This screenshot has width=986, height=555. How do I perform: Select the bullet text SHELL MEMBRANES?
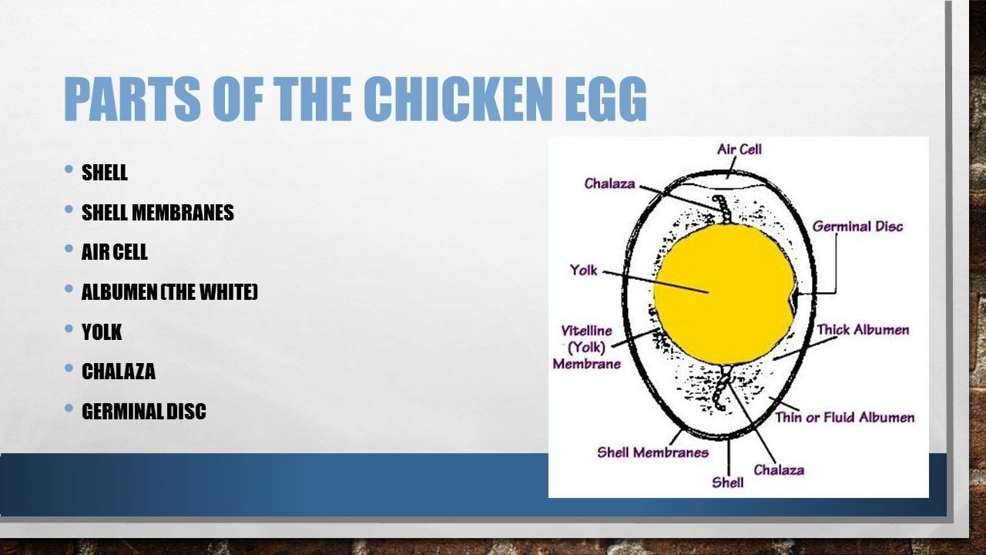(158, 212)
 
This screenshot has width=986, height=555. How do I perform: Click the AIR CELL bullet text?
(115, 252)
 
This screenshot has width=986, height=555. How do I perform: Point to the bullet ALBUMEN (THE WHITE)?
(169, 291)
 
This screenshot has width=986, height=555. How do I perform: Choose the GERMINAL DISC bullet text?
(144, 411)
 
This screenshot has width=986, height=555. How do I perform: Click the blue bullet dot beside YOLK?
(69, 328)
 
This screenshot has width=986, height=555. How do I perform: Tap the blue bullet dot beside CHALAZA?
(69, 368)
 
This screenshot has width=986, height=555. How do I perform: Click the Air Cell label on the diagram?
(739, 150)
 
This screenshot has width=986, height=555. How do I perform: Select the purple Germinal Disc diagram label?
(857, 227)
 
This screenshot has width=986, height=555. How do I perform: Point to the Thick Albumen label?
(864, 330)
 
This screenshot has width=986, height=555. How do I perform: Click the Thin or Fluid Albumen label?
(845, 417)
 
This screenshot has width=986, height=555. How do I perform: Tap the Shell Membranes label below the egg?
(652, 452)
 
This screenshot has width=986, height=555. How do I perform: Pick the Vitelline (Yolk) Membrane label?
(587, 347)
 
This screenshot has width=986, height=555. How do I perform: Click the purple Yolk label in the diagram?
(584, 270)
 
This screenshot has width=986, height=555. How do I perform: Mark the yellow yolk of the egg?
(725, 294)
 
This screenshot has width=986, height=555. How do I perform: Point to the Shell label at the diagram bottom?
(728, 483)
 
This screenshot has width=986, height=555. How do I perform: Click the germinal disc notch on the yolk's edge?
(793, 301)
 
